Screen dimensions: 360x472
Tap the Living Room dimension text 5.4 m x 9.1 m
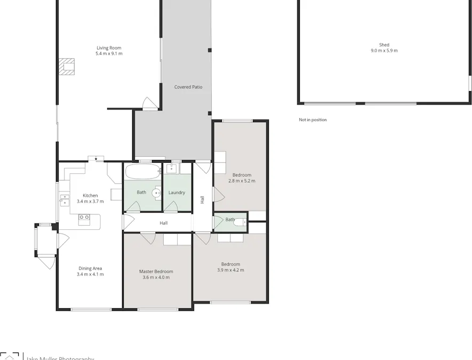pos(109,54)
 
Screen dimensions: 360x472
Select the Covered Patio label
pos(188,87)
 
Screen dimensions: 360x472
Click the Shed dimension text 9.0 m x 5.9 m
pos(384,51)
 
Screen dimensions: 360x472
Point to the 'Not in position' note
pos(313,120)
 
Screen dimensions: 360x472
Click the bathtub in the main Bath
pos(142,172)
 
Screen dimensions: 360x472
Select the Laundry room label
pos(177,193)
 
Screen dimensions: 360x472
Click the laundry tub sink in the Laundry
pos(171,170)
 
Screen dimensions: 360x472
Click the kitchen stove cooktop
pos(84,217)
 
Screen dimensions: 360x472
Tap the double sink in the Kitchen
pos(65,199)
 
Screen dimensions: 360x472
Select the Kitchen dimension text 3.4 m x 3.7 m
pos(90,202)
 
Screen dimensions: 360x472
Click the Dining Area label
pos(90,268)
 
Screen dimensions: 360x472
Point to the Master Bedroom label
pos(156,271)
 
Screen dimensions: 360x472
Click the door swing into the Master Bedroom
pos(148,237)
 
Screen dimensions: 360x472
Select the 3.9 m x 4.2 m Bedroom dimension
pos(230,270)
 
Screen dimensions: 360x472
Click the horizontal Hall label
pos(164,223)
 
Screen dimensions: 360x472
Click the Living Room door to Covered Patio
pos(149,103)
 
